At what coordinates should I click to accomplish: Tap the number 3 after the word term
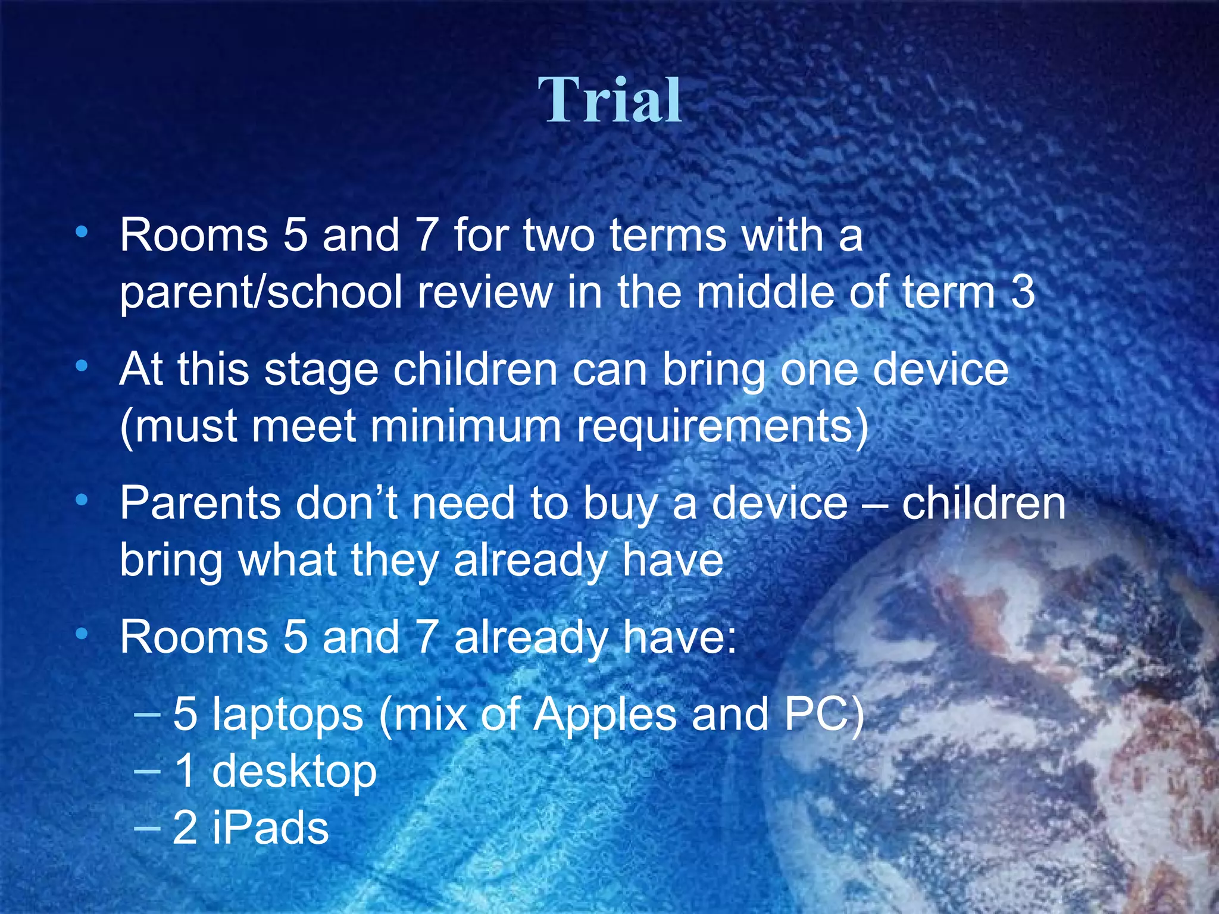click(1023, 293)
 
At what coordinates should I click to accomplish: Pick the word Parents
click(200, 503)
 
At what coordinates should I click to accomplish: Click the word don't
click(346, 503)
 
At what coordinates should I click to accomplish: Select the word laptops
click(287, 715)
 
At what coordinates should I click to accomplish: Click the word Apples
click(605, 715)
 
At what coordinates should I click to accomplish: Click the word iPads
click(270, 828)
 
